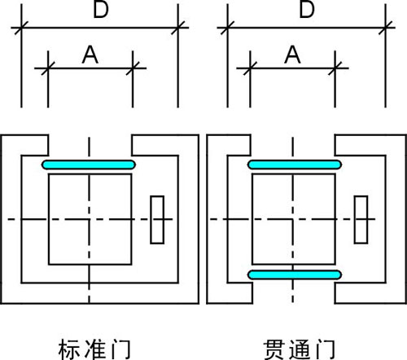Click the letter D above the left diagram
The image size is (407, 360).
pyautogui.click(x=101, y=10)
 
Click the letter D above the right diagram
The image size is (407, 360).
pyautogui.click(x=307, y=10)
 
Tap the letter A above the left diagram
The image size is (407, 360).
pyautogui.click(x=90, y=55)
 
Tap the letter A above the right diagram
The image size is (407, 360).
pyautogui.click(x=292, y=55)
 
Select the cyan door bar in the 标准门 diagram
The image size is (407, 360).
pyautogui.click(x=89, y=165)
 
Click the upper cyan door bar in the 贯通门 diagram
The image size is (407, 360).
pyautogui.click(x=295, y=165)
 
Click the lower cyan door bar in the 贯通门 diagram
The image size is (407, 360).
pyautogui.click(x=295, y=275)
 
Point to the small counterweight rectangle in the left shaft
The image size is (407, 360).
pyautogui.click(x=157, y=220)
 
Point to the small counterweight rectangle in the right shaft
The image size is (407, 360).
pyautogui.click(x=361, y=220)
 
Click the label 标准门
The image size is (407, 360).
pyautogui.click(x=94, y=349)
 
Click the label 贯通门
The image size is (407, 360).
pyautogui.click(x=300, y=349)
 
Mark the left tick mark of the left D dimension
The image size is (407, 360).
pyautogui.click(x=21, y=28)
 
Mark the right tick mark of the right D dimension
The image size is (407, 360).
pyautogui.click(x=386, y=28)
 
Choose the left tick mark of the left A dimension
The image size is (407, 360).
pyautogui.click(x=48, y=68)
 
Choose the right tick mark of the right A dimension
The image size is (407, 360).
pyautogui.click(x=335, y=68)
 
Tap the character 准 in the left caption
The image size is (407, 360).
pyautogui.click(x=95, y=349)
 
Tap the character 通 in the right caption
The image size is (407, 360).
pyautogui.click(x=300, y=349)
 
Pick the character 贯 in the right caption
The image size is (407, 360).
pyautogui.click(x=274, y=349)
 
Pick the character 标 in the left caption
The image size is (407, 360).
pyautogui.click(x=69, y=349)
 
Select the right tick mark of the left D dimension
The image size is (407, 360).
pyautogui.click(x=178, y=28)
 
